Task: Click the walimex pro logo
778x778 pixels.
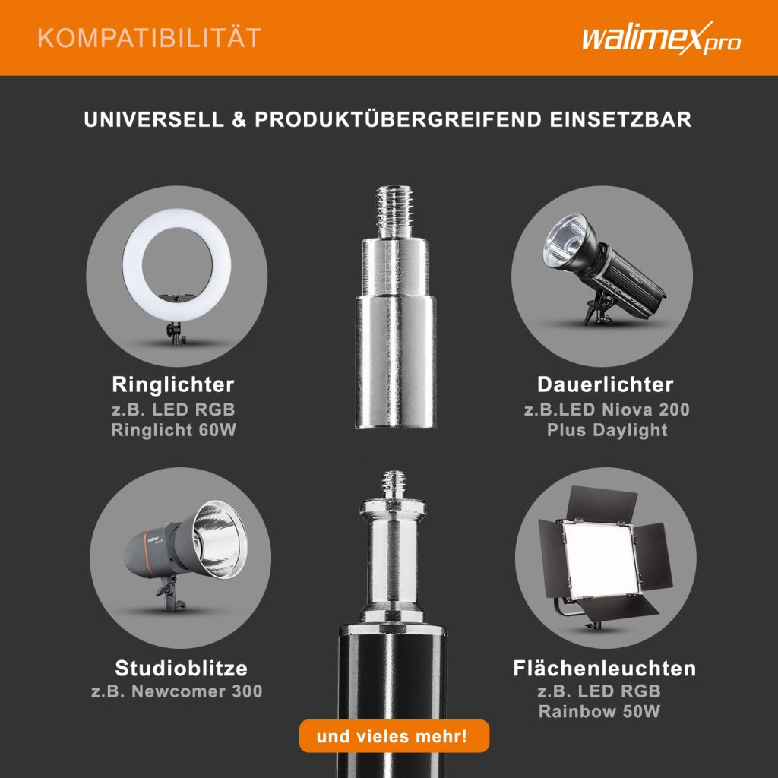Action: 661,38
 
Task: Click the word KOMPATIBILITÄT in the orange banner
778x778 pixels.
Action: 150,38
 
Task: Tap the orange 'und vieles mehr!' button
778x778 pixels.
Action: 394,735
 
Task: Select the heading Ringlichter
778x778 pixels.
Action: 173,384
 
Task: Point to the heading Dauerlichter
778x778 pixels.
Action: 606,384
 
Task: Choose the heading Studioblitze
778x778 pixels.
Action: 181,668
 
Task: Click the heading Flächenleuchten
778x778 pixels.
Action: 604,668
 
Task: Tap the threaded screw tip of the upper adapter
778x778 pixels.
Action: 394,212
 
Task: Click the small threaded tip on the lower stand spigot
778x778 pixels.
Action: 394,485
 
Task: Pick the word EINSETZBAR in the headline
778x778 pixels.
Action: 620,119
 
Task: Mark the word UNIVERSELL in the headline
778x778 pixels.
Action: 153,119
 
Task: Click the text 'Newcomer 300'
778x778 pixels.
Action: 197,691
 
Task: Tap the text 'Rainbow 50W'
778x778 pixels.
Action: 599,711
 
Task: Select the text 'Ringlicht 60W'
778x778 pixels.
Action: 174,430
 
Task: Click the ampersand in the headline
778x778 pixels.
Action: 239,119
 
